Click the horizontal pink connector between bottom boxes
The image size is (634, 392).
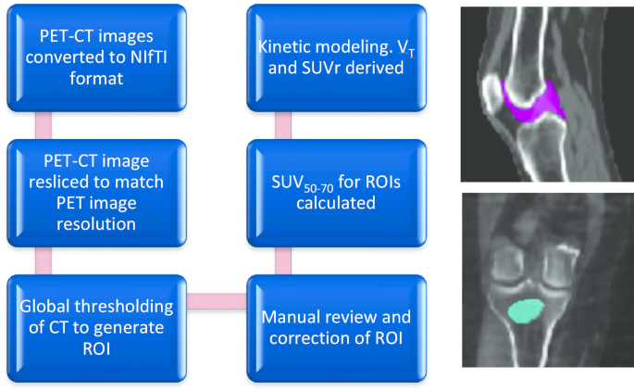(217, 299)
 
